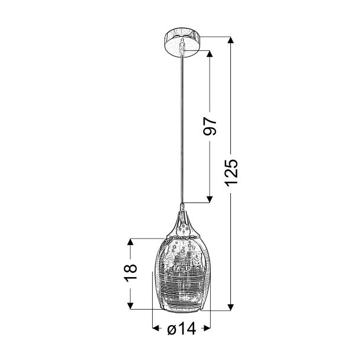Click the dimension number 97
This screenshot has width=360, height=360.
click(210, 126)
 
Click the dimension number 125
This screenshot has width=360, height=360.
click(231, 172)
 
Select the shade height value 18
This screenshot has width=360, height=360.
click(130, 273)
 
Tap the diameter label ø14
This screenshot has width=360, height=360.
click(182, 328)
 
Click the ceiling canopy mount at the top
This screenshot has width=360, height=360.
click(182, 41)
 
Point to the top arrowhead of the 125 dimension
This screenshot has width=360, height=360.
click(230, 40)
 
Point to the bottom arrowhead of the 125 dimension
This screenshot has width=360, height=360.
click(230, 307)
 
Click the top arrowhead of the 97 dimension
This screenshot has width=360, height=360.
click(210, 54)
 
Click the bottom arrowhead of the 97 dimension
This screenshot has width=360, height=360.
click(210, 200)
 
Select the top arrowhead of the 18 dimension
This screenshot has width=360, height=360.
click(130, 242)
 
